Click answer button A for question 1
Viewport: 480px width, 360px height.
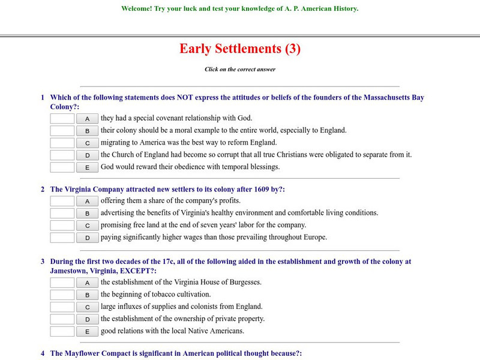click(x=87, y=119)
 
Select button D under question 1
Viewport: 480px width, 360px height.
click(x=87, y=155)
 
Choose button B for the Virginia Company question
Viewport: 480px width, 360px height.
click(x=87, y=214)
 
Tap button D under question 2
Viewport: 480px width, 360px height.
click(x=87, y=238)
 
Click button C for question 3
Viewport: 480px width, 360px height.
click(x=87, y=307)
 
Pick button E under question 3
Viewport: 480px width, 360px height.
click(x=87, y=331)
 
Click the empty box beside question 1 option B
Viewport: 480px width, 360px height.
click(x=62, y=131)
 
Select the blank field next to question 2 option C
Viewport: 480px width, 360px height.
click(x=62, y=226)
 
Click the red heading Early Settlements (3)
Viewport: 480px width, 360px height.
click(x=239, y=49)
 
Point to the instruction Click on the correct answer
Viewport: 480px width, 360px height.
click(x=239, y=70)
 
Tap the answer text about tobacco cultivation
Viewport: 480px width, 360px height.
click(x=156, y=295)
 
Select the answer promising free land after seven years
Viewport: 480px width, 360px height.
click(x=203, y=225)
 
